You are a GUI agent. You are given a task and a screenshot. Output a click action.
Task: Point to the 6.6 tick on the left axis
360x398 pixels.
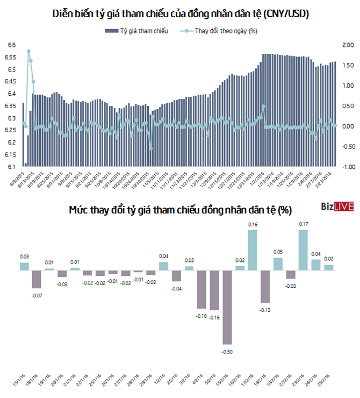(x=11, y=45)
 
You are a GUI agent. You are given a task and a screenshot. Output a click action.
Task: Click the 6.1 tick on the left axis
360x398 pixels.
(x=11, y=167)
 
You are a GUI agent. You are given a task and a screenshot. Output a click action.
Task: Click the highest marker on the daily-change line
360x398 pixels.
(x=28, y=51)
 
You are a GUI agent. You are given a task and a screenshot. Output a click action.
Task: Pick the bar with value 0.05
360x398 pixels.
(x=277, y=264)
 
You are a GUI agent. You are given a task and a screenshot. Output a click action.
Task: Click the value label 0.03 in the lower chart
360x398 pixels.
(x=24, y=257)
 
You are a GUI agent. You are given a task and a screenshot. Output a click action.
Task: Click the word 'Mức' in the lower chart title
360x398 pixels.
(x=79, y=195)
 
